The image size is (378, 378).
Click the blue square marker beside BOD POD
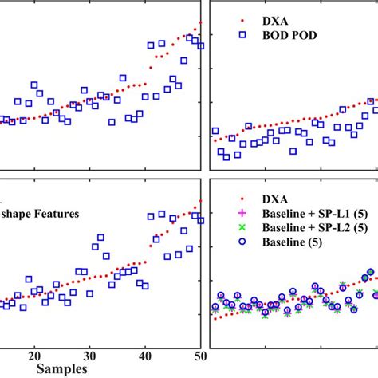click(x=242, y=34)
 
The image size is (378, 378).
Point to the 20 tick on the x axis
click(x=34, y=356)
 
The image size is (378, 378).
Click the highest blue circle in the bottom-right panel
click(x=370, y=273)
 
